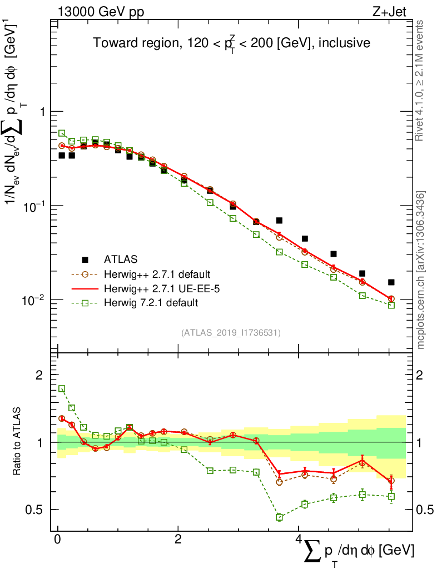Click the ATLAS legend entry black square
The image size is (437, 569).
(x=85, y=259)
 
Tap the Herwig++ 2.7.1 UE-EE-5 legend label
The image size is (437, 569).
(x=156, y=288)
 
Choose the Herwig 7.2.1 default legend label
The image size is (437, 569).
(x=151, y=303)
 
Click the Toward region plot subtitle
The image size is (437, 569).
(x=231, y=43)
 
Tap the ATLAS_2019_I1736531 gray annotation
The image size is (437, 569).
(x=231, y=333)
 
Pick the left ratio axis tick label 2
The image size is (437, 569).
(x=39, y=375)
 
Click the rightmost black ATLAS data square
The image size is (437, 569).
(x=391, y=282)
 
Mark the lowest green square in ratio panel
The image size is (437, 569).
(x=279, y=517)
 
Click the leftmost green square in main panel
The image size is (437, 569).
(x=62, y=133)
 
